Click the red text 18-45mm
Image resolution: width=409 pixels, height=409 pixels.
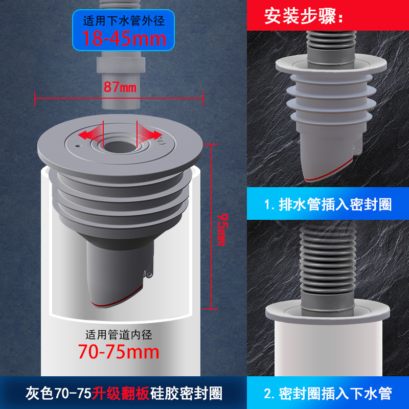[124, 39]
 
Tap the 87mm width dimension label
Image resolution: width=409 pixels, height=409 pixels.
[120, 87]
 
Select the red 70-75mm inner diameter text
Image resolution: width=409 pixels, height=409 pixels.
[119, 352]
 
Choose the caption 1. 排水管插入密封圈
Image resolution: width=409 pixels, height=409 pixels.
[328, 204]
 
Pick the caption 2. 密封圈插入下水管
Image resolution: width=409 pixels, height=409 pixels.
[328, 394]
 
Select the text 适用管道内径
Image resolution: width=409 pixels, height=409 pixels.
[119, 335]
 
